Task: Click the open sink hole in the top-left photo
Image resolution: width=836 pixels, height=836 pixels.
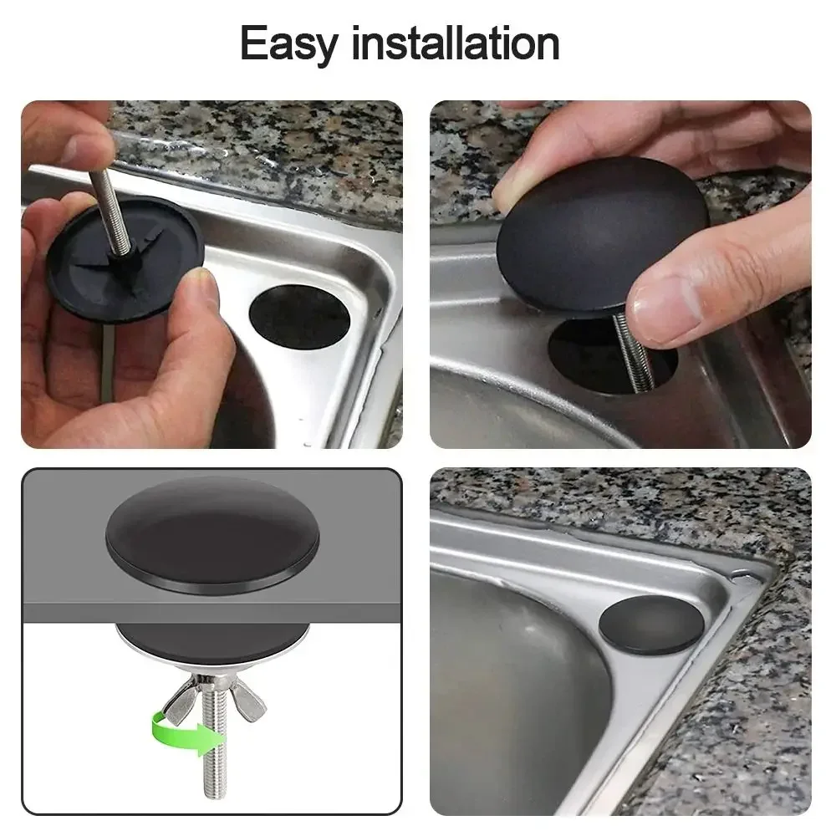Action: click(299, 319)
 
